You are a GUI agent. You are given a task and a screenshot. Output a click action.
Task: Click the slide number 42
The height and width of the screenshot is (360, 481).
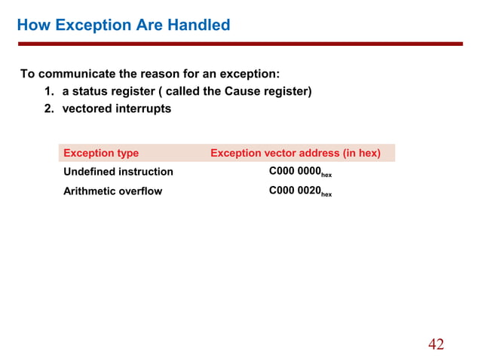coord(436,344)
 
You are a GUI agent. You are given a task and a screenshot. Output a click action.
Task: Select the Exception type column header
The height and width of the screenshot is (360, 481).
coord(101,153)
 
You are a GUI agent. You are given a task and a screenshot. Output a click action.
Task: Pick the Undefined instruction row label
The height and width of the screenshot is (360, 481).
coord(118,172)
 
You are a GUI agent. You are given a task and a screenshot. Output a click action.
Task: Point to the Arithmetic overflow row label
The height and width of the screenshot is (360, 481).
coord(112,191)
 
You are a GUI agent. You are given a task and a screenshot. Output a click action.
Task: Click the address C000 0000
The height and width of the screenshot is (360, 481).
coord(295,172)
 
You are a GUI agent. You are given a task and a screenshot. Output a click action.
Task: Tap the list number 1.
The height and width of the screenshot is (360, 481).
coord(47,92)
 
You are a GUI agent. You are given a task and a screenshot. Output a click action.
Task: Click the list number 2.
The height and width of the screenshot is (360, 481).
coord(47,108)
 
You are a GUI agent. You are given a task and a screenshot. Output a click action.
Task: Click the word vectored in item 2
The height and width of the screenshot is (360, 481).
coord(87,108)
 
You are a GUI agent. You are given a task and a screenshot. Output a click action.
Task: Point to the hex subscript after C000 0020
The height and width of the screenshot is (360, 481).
coord(326,195)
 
